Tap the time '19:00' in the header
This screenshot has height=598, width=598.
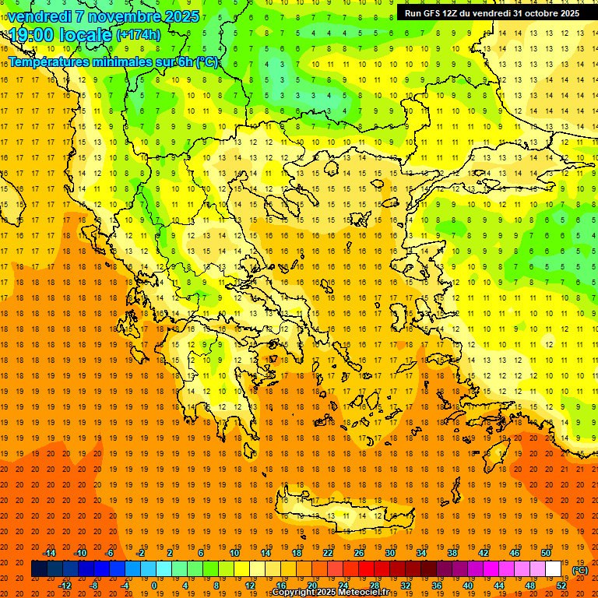(31, 35)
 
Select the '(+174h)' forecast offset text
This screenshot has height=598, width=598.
(138, 35)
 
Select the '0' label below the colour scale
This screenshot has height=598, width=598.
(154, 586)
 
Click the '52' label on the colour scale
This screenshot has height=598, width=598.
(561, 586)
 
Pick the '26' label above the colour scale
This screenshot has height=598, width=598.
(359, 553)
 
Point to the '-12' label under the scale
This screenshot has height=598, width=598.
(65, 586)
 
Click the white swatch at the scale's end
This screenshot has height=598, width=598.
(554, 569)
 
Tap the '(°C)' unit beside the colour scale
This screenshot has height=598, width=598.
(580, 570)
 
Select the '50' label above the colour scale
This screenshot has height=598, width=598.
(546, 553)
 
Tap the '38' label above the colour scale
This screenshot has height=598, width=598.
(452, 553)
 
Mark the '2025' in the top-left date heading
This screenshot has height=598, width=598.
(176, 16)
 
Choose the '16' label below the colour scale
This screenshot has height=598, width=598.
(281, 586)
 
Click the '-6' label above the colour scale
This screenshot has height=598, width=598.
(110, 553)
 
